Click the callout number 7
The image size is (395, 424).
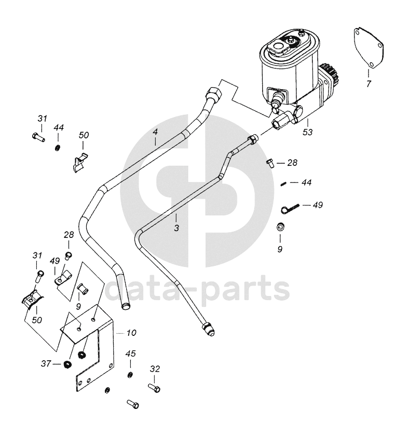pos(368,83)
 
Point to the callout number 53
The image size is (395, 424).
pos(308,132)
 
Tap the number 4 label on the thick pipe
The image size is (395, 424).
pos(155,133)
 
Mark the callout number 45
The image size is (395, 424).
pos(130,354)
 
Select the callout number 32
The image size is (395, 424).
pos(154,369)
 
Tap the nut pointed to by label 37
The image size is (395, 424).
pos(66,364)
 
